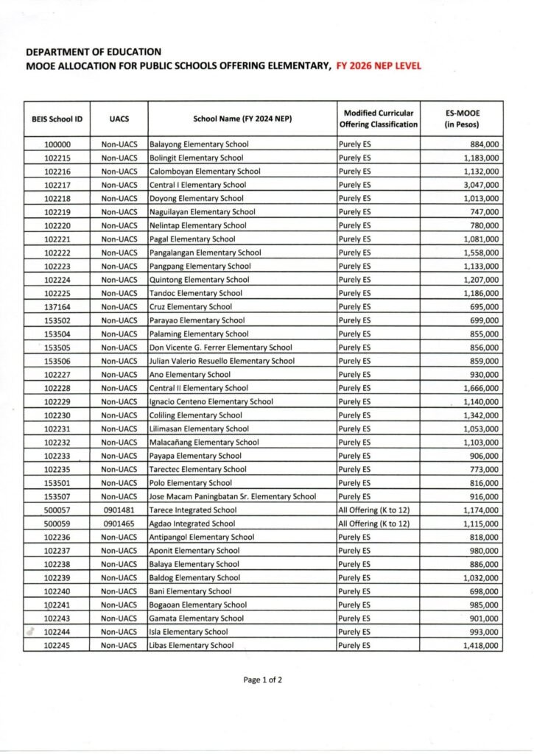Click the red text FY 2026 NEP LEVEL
coord(379,66)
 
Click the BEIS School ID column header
coord(57,119)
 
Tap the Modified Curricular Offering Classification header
coord(379,119)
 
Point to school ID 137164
coord(57,306)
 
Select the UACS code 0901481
coord(119,510)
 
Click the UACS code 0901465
coord(119,524)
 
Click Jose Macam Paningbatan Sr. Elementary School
coord(233,496)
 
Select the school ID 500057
coord(57,510)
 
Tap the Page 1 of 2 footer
coord(262,680)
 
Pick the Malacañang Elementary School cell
coord(204,442)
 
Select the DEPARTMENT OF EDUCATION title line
coord(93,52)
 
